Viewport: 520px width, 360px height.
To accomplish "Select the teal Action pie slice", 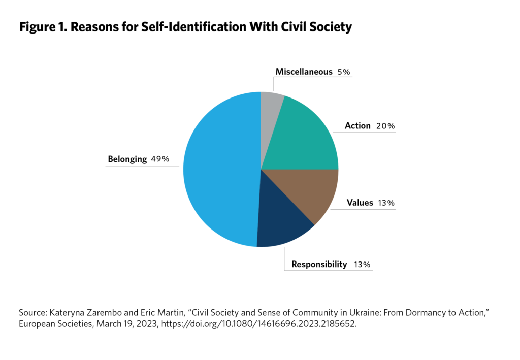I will (x=305, y=137).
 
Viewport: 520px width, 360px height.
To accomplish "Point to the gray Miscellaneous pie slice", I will (x=270, y=104).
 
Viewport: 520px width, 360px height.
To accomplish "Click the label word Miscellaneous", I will (x=304, y=72).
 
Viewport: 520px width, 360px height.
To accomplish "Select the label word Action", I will (x=357, y=125).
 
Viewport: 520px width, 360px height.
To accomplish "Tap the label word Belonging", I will (x=127, y=159).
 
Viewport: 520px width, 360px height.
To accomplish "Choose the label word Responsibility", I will (x=319, y=264).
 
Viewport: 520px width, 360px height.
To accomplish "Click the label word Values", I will (x=360, y=203).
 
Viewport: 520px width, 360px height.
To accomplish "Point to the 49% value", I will (x=160, y=159).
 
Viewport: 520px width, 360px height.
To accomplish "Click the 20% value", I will (x=385, y=126).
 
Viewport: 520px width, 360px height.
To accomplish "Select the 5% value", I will (x=344, y=72).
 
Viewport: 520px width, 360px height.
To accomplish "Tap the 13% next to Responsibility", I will (x=363, y=265).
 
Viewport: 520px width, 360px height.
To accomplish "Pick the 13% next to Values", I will (x=386, y=203).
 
